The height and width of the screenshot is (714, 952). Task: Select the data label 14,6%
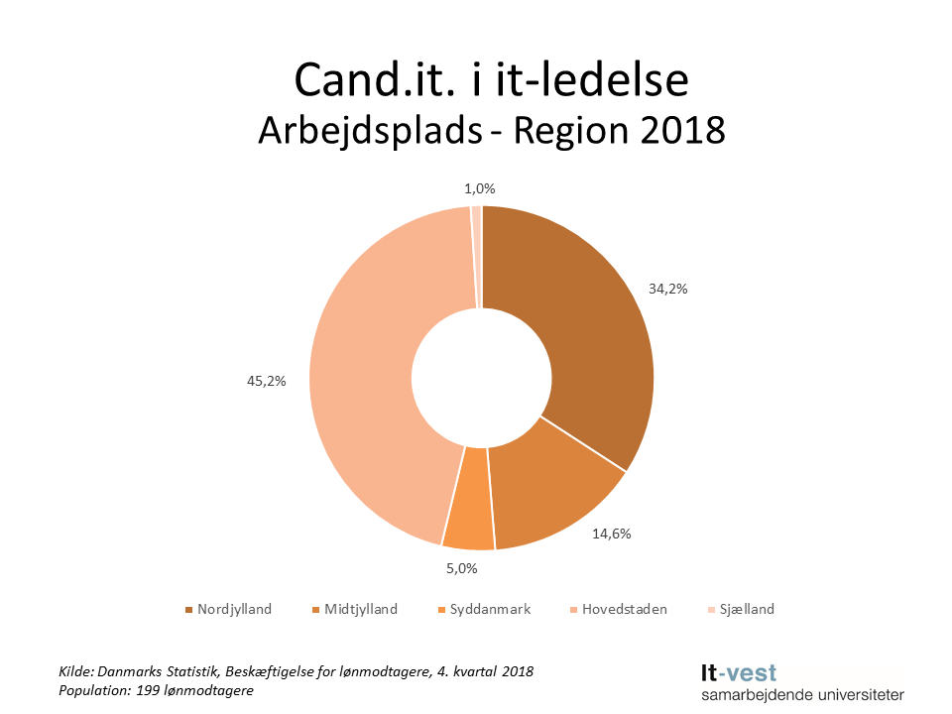tap(611, 533)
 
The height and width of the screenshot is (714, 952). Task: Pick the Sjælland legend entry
tap(745, 609)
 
